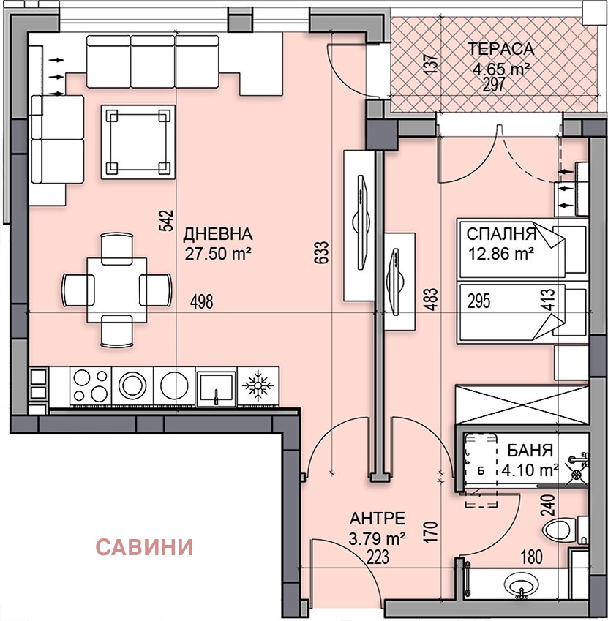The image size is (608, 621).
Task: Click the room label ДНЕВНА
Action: tap(217, 235)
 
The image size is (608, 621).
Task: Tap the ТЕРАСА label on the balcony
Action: tap(501, 50)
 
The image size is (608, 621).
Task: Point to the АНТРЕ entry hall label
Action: tap(377, 519)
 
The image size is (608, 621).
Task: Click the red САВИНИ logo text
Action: tap(145, 546)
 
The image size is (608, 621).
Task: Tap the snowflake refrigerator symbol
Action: tap(258, 385)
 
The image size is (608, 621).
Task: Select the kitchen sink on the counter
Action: tap(216, 386)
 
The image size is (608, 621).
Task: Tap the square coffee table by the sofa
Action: tap(138, 140)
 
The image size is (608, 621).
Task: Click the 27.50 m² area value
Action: tap(217, 253)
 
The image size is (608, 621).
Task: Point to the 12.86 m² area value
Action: tap(500, 254)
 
